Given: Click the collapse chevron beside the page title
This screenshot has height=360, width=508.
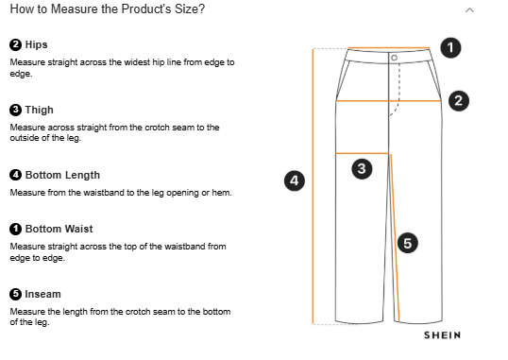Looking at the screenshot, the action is (469, 10).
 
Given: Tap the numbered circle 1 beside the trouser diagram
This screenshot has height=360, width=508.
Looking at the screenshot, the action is (450, 48).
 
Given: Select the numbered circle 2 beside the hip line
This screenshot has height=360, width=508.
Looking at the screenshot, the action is (459, 101).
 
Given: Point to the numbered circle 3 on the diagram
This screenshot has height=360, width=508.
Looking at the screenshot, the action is (362, 168).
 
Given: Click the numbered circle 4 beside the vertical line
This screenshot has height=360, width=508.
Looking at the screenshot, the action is (295, 180).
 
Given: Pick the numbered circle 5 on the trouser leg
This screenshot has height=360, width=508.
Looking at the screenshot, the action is (407, 243).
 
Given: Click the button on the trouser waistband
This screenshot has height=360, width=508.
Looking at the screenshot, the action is (394, 58).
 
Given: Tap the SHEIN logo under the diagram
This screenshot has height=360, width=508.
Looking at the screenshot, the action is (442, 335).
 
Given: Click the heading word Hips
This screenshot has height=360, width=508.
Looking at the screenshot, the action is (36, 44).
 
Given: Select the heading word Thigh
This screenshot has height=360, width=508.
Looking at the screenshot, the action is (40, 110).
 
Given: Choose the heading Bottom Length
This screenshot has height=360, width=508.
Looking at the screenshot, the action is (62, 175).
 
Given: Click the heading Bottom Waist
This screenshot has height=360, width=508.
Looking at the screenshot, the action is (59, 229).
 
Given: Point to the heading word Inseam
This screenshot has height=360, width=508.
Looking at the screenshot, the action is (42, 294).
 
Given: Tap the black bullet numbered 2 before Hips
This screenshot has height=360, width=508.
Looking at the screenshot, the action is (15, 44).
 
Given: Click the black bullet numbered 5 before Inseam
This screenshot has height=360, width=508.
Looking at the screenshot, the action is (15, 294).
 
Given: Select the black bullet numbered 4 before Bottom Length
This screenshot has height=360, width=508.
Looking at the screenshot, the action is (15, 175).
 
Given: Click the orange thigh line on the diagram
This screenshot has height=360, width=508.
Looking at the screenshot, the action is (362, 153).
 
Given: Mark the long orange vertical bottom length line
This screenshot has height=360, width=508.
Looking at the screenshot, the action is (313, 186).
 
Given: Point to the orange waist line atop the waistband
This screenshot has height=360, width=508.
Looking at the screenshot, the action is (389, 48).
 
